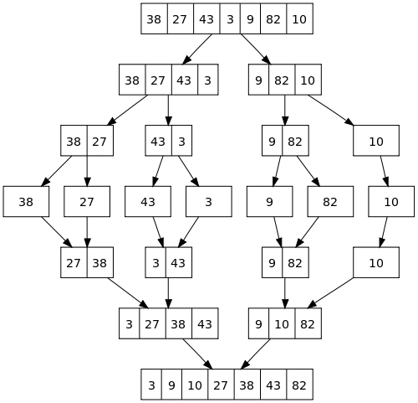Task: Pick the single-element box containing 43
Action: (x=148, y=202)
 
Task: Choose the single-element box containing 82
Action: (x=330, y=202)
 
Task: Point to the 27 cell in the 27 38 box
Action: (x=74, y=263)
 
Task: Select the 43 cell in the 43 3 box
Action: (x=158, y=141)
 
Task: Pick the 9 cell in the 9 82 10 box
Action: (x=260, y=80)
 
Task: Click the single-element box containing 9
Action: (x=269, y=202)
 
